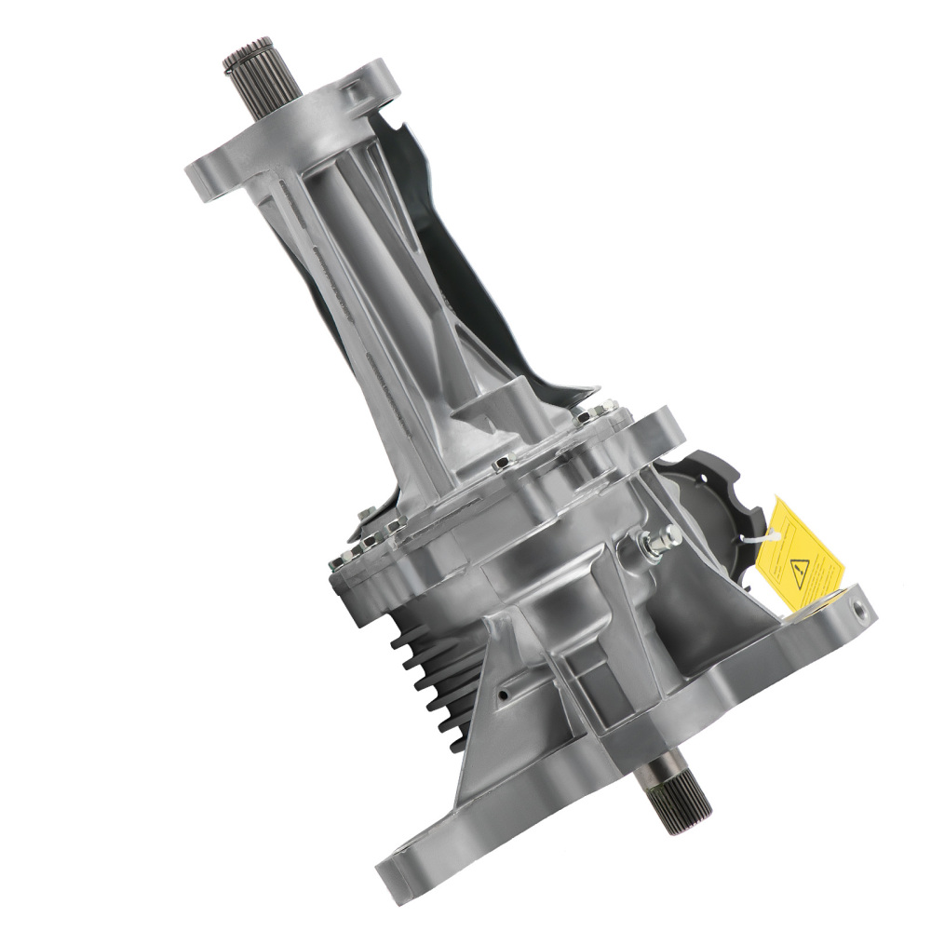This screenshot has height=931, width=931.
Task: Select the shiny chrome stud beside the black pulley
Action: point(656,540)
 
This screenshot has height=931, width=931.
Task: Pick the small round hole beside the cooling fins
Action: point(504,694)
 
